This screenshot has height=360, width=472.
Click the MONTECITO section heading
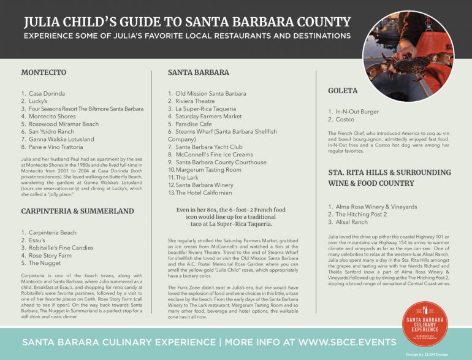[44, 72]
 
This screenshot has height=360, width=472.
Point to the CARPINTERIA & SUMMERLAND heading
[77, 211]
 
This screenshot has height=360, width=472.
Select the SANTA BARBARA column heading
[199, 72]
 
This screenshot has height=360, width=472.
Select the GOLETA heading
[343, 91]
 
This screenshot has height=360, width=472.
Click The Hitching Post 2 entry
[361, 215]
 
